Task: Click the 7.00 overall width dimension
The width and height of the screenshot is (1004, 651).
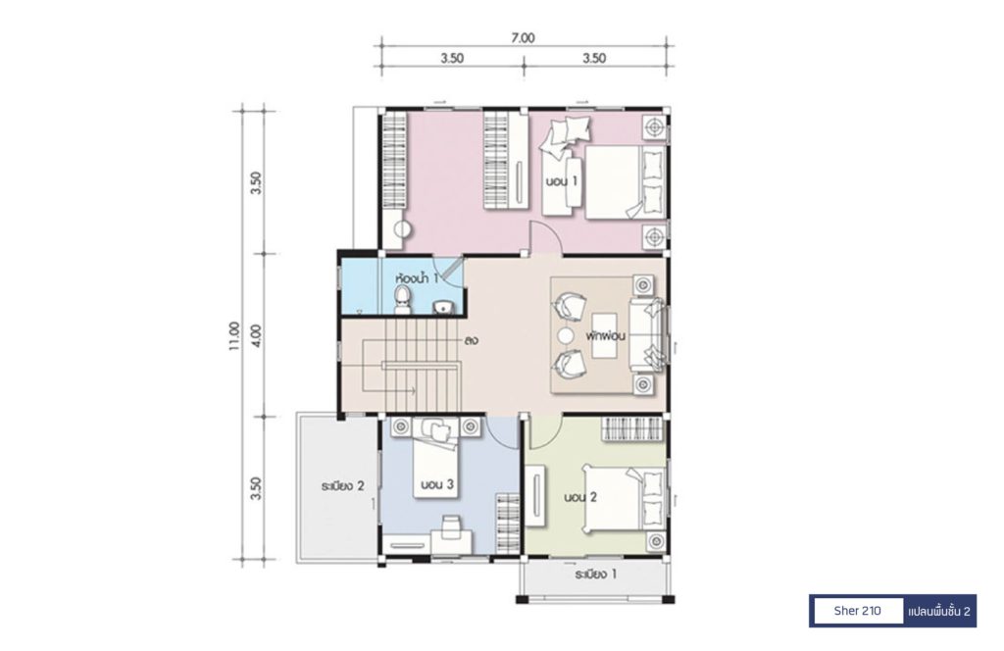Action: (523, 38)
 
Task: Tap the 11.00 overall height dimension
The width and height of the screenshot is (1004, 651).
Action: (233, 336)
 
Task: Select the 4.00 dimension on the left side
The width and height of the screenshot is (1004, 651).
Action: (257, 335)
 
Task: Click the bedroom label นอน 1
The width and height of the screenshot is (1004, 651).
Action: (562, 181)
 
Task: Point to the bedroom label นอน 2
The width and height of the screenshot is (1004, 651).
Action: (580, 497)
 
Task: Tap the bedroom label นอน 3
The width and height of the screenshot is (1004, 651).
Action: (437, 484)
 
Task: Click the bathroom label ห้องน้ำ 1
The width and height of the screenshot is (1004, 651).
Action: (418, 278)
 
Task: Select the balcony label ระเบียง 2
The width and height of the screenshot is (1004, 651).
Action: (342, 486)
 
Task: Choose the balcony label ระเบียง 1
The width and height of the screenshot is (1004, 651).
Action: (595, 575)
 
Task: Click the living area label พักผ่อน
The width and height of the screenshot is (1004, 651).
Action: (605, 335)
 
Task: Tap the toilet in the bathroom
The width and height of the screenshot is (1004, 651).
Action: (402, 300)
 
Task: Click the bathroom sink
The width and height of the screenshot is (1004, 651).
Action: (442, 308)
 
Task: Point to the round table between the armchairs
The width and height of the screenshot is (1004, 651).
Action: (566, 336)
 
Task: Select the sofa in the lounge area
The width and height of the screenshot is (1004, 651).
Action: (647, 334)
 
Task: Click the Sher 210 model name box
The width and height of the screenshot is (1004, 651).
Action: (857, 611)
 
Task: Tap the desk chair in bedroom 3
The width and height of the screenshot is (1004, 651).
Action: (451, 523)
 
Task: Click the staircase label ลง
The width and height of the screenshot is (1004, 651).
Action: (472, 340)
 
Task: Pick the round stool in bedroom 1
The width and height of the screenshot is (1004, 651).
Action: (402, 229)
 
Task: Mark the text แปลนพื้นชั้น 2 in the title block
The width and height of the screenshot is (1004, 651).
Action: (939, 612)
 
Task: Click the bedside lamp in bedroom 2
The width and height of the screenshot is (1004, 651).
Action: (656, 542)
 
